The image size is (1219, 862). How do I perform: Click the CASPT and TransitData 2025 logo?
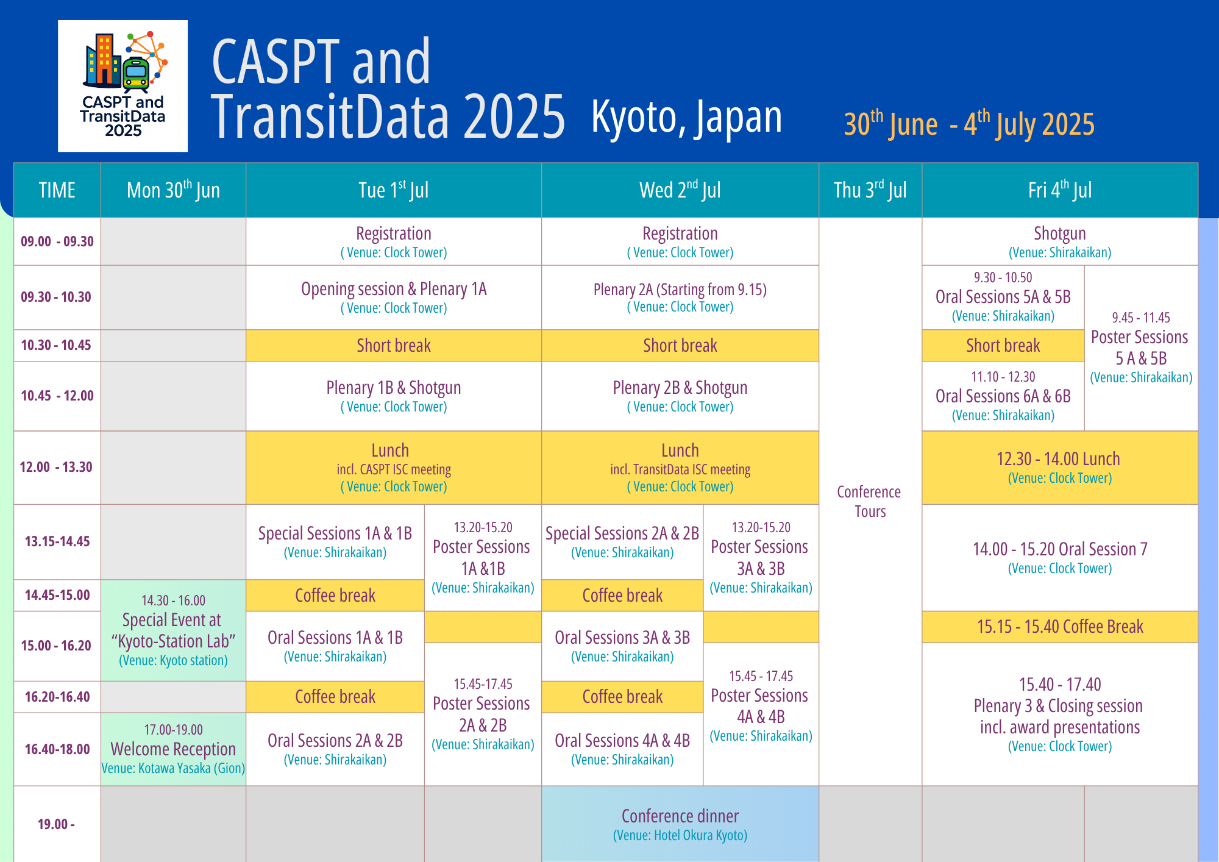point(123,86)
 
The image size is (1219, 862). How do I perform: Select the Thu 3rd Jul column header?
point(870,190)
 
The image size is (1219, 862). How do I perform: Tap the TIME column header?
point(57,190)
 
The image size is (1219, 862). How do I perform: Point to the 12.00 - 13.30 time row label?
point(56,468)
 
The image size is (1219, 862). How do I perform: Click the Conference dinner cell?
point(680,824)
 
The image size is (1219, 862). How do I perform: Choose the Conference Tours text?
point(869,501)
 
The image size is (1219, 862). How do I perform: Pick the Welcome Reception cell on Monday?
point(174,749)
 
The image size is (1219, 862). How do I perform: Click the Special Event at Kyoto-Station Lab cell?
point(174,630)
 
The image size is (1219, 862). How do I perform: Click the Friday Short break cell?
point(1003,346)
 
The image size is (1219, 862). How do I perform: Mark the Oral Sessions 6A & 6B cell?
point(1003,396)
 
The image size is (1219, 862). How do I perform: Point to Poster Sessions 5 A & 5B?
point(1141,348)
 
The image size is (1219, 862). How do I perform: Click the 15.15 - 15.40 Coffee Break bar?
point(1060,627)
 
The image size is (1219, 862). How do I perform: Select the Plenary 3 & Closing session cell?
point(1060,714)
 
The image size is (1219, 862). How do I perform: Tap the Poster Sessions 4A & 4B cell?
point(761,714)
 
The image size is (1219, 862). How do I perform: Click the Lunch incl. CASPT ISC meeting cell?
point(394,468)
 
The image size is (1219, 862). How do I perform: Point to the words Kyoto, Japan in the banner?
point(686,117)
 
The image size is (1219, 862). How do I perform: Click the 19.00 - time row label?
point(56,824)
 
